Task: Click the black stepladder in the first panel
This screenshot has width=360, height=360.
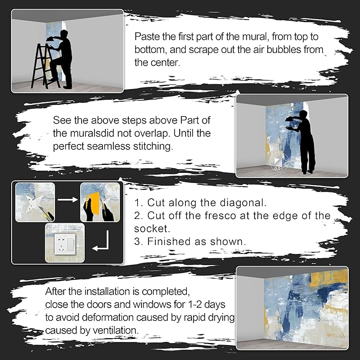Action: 43,67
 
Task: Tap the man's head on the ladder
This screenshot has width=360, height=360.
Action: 64,34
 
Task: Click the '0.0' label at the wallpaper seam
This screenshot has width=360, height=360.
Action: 277,169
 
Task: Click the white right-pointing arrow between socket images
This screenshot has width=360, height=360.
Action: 68,199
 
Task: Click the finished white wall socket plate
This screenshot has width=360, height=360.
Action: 65,243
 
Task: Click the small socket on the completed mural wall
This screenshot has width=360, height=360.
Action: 330,324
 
